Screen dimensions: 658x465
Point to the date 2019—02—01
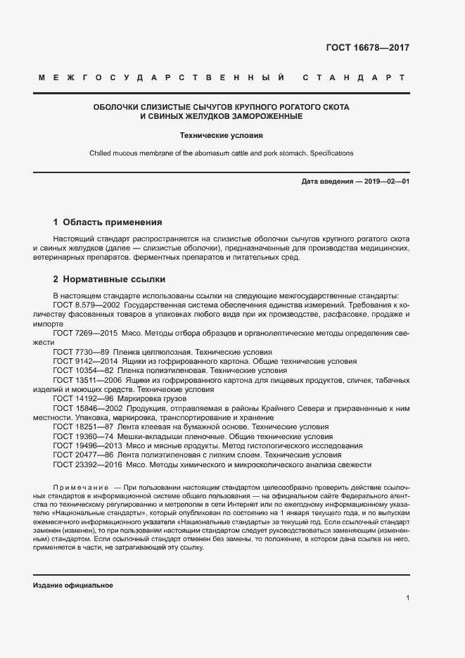(386, 182)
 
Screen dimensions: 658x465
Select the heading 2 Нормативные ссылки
(109, 279)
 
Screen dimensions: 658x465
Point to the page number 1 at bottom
(407, 598)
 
